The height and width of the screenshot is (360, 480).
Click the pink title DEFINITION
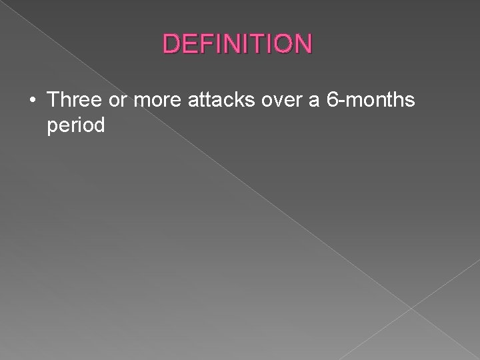[x=237, y=44]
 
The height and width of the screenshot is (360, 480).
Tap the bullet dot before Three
[x=33, y=101]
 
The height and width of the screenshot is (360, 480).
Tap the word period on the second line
[x=76, y=125]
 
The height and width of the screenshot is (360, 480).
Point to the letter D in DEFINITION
[x=172, y=44]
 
